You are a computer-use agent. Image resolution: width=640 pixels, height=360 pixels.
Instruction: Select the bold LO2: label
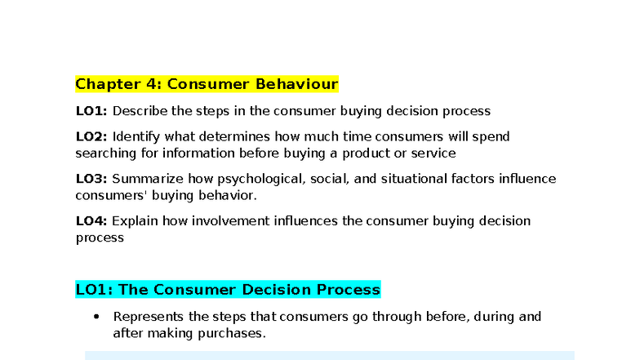click(91, 136)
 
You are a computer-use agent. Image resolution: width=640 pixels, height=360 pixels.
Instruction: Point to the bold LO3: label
click(91, 179)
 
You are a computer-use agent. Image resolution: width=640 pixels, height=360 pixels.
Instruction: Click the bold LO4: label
click(91, 221)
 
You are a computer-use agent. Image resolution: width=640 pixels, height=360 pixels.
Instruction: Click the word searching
click(104, 153)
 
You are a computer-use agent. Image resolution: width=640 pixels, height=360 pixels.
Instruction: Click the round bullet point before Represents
click(97, 317)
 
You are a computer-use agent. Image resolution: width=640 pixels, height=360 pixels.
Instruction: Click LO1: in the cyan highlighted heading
click(94, 290)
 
